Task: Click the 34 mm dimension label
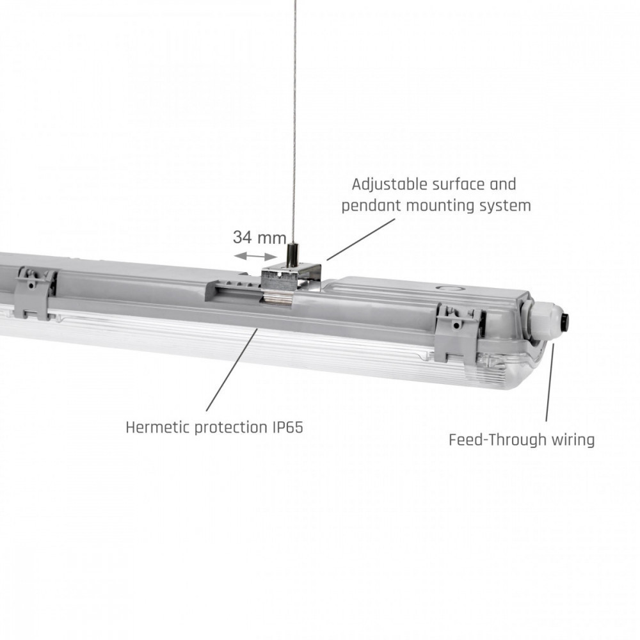point(260,237)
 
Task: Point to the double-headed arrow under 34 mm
point(256,257)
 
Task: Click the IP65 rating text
point(287,428)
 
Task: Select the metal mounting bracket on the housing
point(291,282)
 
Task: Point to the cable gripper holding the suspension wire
point(293,255)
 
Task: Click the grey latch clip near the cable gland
point(458,333)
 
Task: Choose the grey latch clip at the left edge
point(35,292)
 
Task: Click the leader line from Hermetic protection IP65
point(232,370)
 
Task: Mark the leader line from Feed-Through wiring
point(550,383)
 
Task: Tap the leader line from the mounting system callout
point(361,239)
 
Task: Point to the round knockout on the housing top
point(448,288)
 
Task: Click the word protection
point(230,428)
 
